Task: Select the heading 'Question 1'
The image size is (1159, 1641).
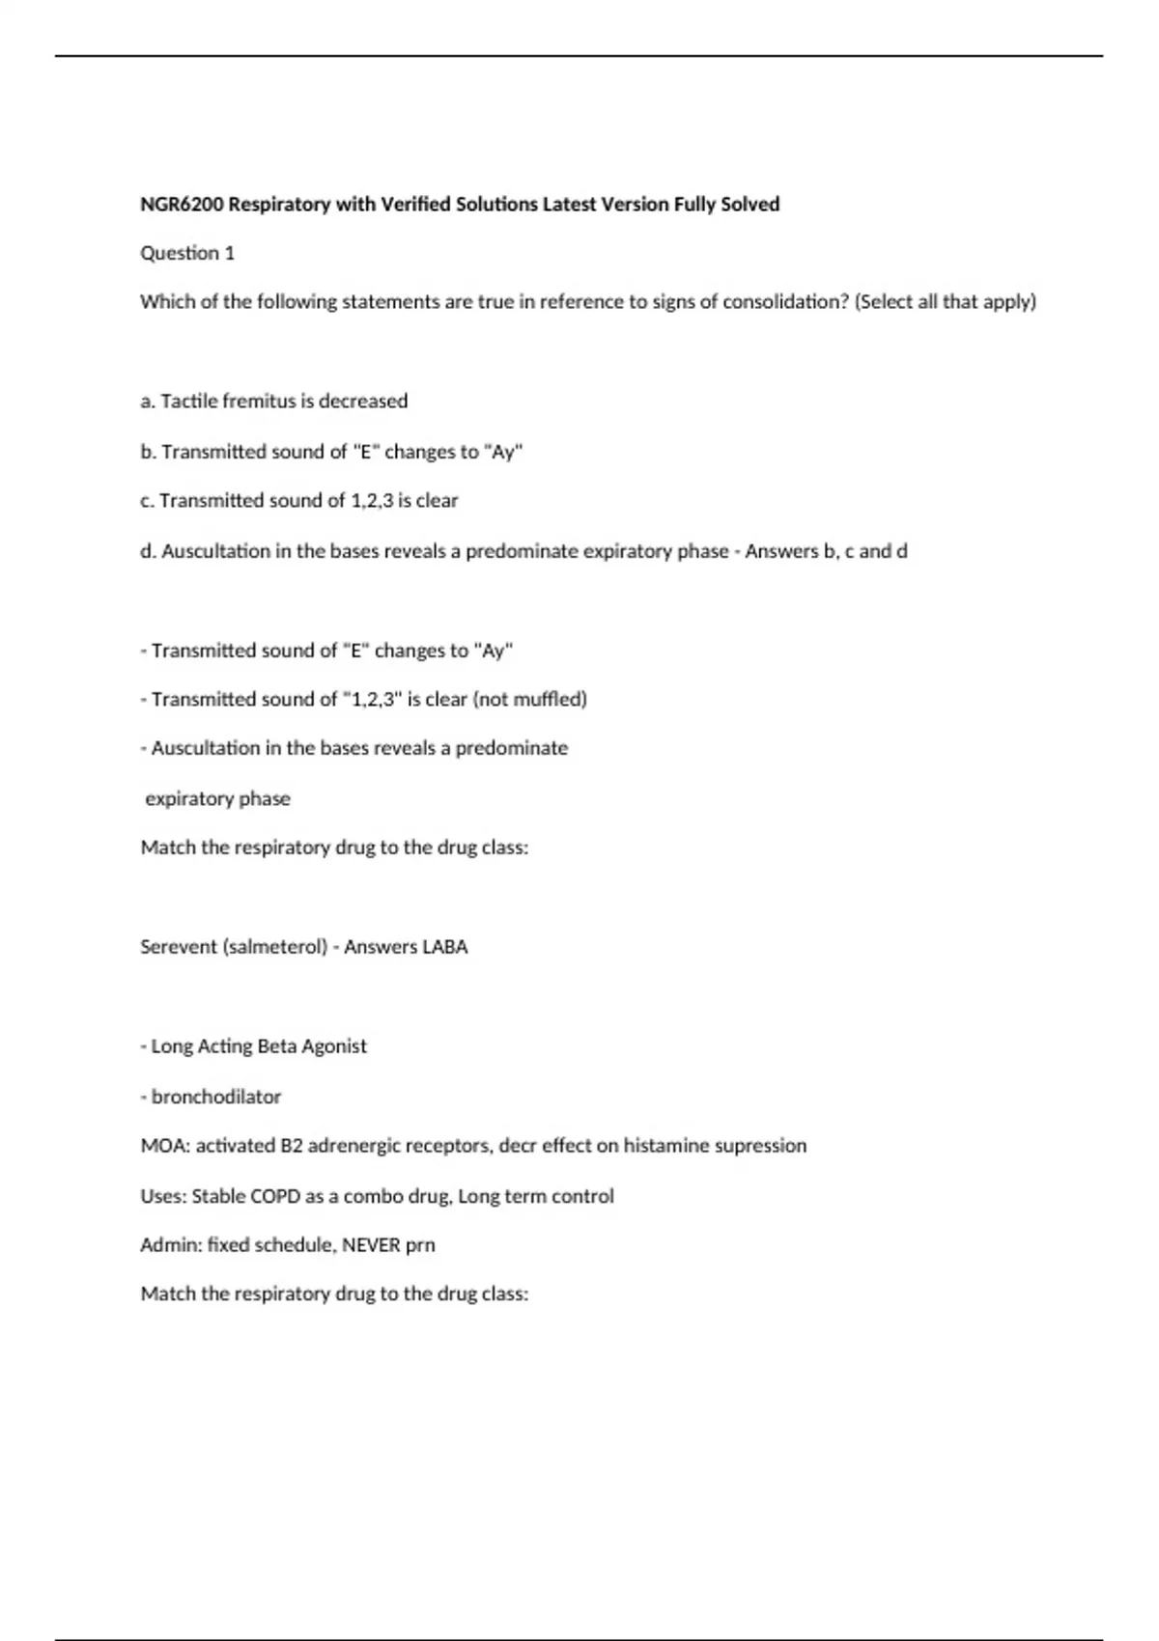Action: (187, 253)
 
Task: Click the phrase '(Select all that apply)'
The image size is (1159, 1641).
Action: (946, 302)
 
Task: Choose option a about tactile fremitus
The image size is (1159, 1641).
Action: (274, 402)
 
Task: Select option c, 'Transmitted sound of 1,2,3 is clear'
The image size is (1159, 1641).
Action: (299, 501)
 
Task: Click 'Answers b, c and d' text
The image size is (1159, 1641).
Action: (826, 551)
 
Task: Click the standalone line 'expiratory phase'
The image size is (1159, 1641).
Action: (217, 799)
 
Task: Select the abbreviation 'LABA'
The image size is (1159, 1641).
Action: (445, 947)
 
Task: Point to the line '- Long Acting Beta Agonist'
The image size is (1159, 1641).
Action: (254, 1046)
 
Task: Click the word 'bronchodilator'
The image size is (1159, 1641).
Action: (216, 1097)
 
